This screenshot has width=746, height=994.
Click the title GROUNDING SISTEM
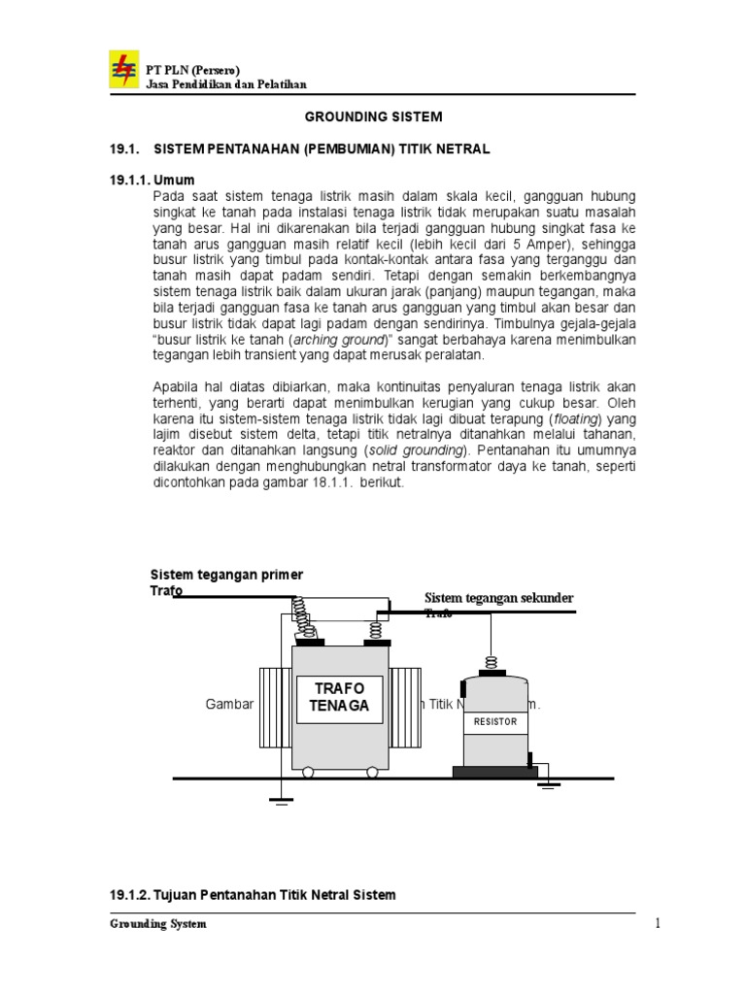(374, 116)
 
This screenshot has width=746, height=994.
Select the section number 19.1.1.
(124, 180)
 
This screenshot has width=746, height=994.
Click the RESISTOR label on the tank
(495, 723)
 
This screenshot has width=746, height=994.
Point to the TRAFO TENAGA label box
(340, 697)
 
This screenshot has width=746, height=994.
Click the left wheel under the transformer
(309, 773)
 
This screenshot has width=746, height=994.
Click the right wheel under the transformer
(371, 773)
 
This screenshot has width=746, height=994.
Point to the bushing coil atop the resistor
(491, 664)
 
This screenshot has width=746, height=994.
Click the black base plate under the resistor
(494, 772)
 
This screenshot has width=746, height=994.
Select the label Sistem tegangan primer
(226, 575)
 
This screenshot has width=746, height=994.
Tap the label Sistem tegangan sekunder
(499, 597)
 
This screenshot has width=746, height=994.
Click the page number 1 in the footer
(657, 924)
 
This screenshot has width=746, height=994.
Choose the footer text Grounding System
(156, 924)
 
